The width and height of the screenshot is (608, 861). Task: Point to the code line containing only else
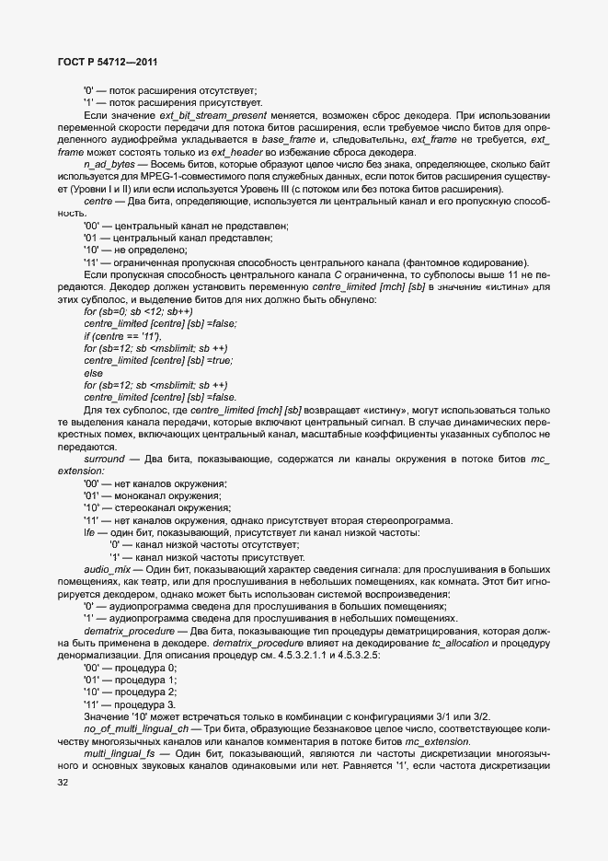coord(93,372)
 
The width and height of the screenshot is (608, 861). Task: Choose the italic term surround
coord(105,458)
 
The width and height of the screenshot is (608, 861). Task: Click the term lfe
coord(89,532)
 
